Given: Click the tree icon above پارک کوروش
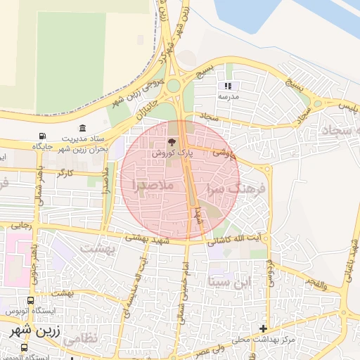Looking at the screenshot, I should click(173, 142).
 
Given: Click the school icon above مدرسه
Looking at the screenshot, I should click(229, 86).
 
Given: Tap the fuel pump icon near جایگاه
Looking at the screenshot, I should click(44, 136).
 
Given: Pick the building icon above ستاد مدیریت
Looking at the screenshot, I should click(84, 128).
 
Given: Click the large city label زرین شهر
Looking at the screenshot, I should click(28, 329).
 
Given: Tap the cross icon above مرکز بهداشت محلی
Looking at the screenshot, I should click(263, 328).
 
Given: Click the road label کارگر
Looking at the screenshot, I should click(65, 172).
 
